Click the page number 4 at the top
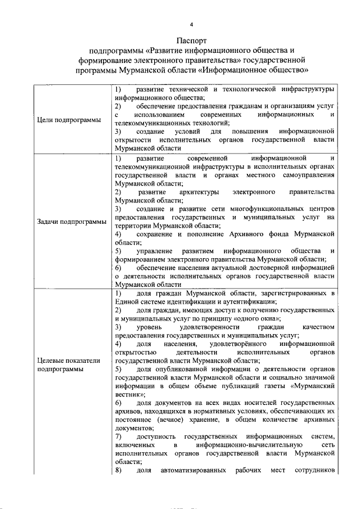[x=191, y=25]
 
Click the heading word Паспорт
[x=192, y=41]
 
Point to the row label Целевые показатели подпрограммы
[x=69, y=364]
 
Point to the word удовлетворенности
[x=195, y=327]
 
